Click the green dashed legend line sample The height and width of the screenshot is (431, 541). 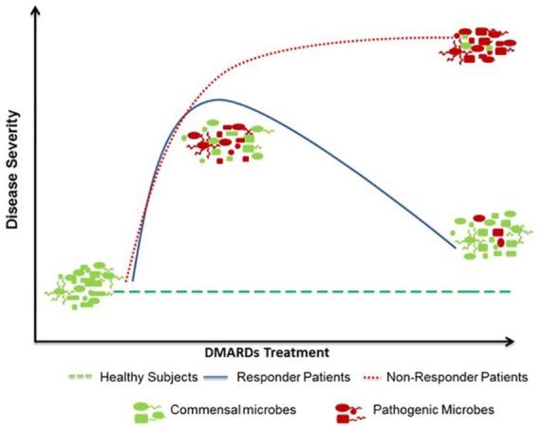tap(80, 376)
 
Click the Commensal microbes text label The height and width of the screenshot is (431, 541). tap(217, 410)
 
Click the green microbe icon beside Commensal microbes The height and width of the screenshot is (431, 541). tap(148, 411)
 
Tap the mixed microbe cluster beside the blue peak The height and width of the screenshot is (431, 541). tap(224, 144)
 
